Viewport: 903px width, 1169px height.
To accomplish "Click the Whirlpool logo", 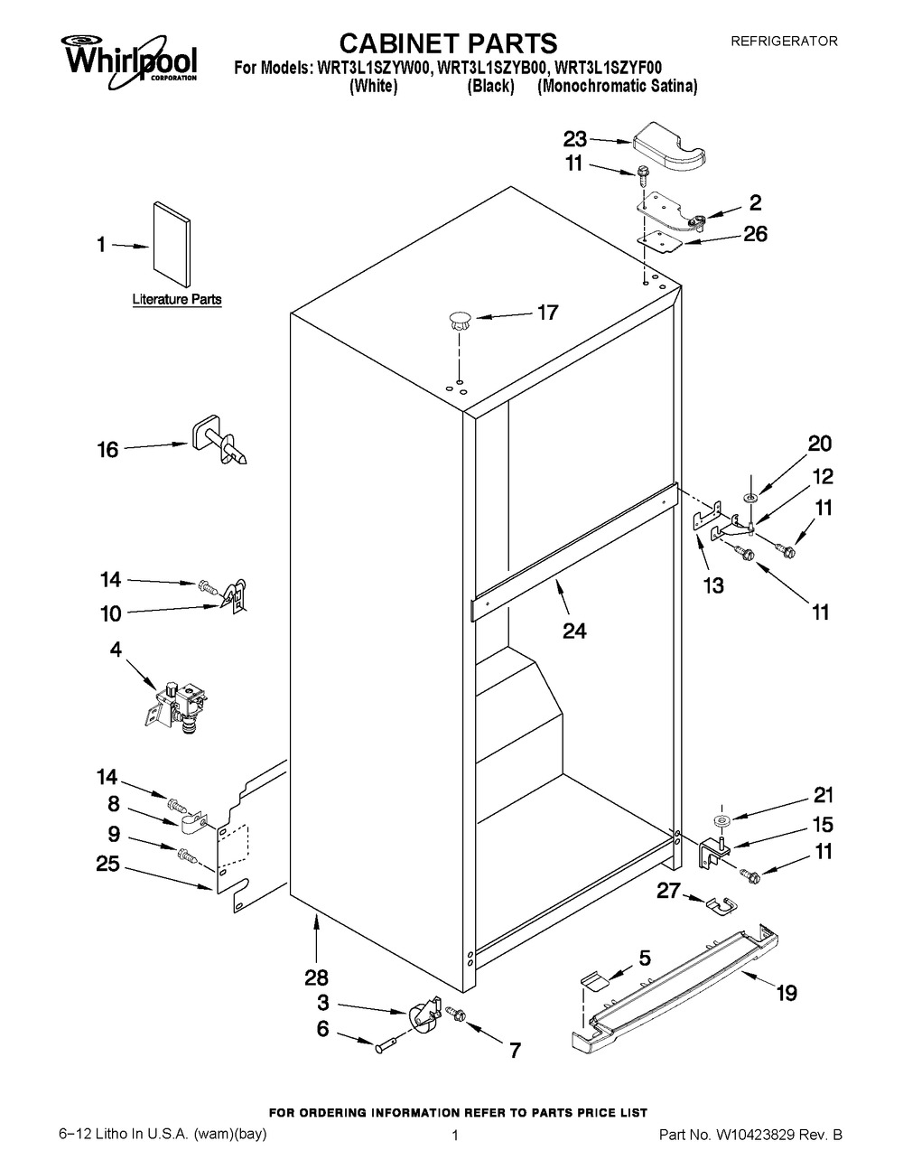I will coord(129,56).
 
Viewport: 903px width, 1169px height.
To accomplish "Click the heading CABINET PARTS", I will coord(447,42).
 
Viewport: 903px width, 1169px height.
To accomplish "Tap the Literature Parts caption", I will coord(177,299).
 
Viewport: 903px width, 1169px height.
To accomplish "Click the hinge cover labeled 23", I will coord(670,148).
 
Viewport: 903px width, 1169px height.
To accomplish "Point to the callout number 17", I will coord(547,313).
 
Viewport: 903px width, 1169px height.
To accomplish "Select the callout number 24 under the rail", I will coord(574,631).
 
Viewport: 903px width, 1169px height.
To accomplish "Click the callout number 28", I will coord(317,977).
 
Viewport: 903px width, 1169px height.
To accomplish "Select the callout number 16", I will coord(107,449).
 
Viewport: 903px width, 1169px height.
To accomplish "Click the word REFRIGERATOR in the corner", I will coord(784,41).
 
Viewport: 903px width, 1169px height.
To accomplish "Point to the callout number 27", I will coord(667,892).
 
